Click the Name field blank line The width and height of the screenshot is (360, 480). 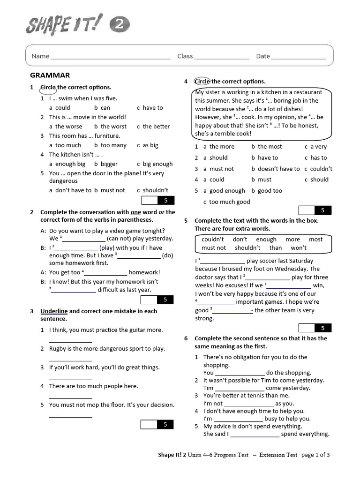coord(111,58)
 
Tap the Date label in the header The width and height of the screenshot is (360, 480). coord(262,56)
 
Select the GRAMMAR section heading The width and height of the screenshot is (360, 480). coord(50,75)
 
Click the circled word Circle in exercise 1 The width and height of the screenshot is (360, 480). coord(48,87)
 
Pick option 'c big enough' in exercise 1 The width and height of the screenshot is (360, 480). coord(155,164)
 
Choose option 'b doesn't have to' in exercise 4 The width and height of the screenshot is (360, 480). coord(275,169)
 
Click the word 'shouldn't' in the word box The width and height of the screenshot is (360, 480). coord(247,248)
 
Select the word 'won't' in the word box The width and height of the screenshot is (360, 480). coord(299,248)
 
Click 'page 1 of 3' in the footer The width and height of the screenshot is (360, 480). coord(315,455)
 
